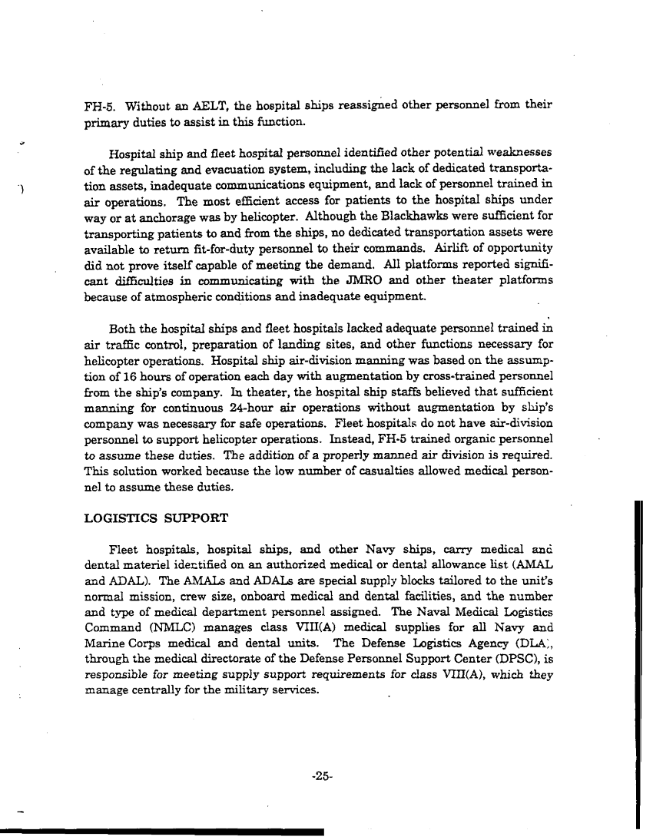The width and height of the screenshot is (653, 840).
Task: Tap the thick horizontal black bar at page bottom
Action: click(x=161, y=831)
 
